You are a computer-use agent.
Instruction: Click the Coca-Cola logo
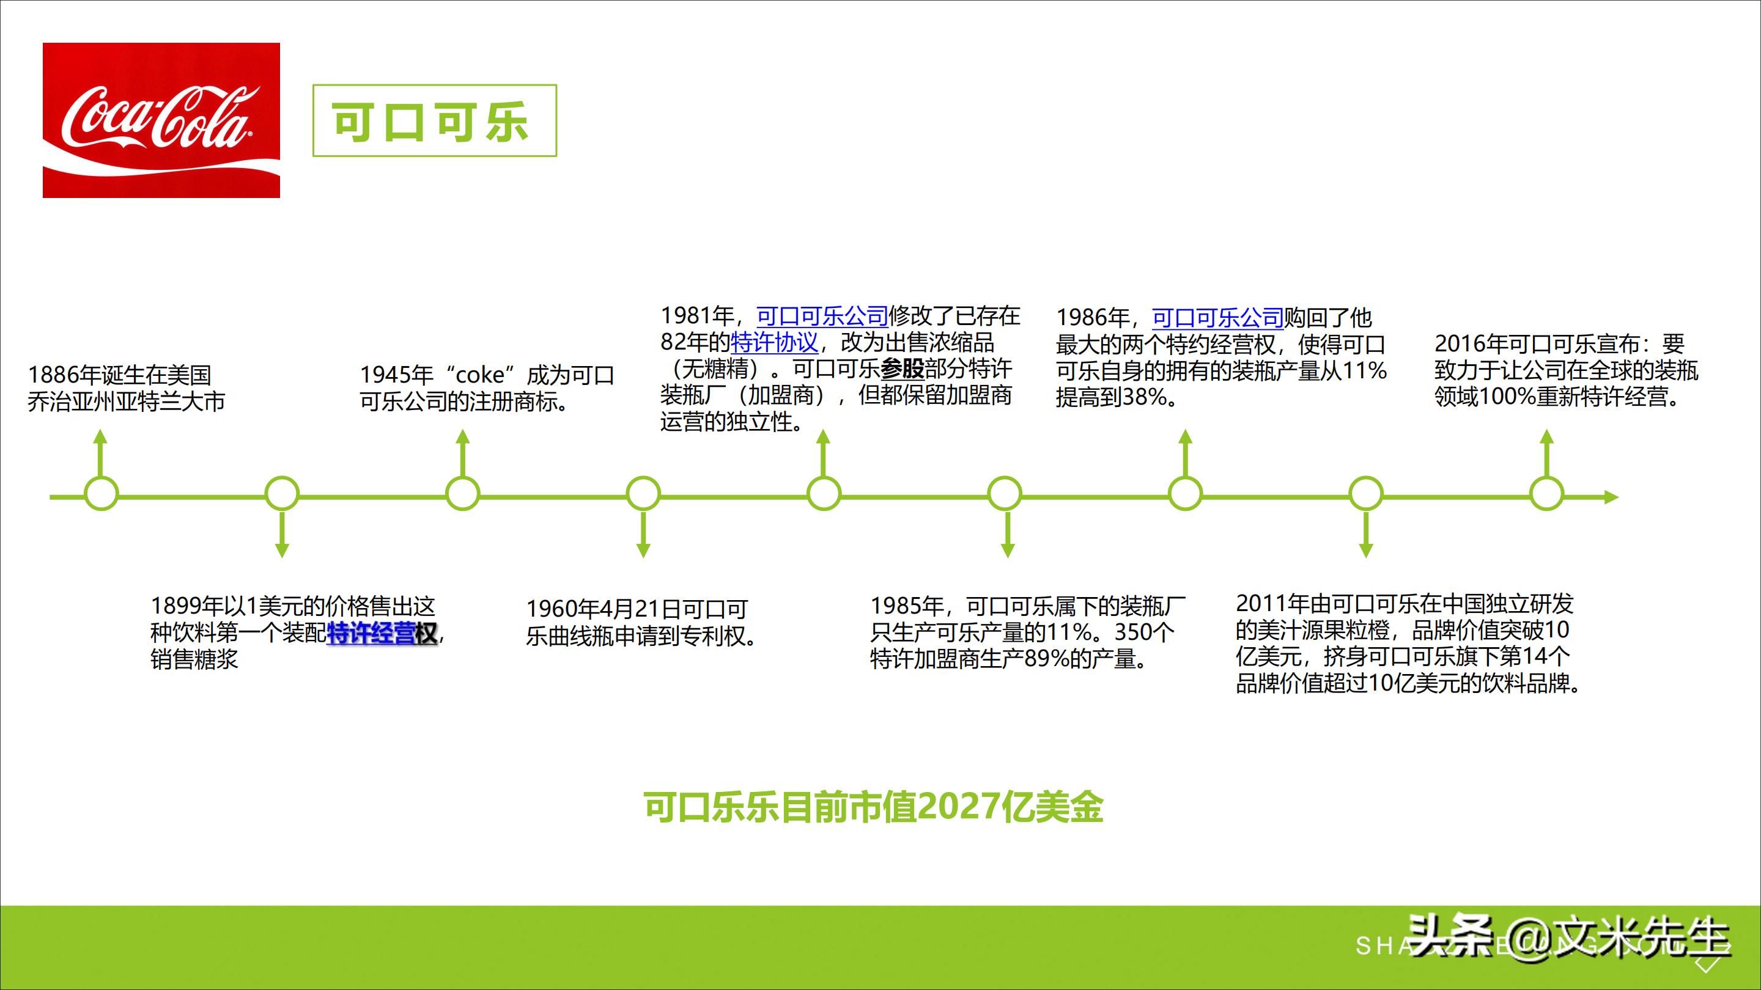pyautogui.click(x=161, y=120)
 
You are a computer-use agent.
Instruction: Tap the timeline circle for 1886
pyautogui.click(x=101, y=494)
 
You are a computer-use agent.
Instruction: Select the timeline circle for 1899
pyautogui.click(x=282, y=494)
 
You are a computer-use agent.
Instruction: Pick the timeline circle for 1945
pyautogui.click(x=463, y=494)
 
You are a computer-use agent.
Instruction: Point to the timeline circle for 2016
pyautogui.click(x=1546, y=494)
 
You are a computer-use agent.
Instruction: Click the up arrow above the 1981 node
pyautogui.click(x=824, y=451)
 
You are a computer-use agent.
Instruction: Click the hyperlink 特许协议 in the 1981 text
pyautogui.click(x=775, y=342)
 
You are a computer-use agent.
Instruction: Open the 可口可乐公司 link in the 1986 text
pyautogui.click(x=1217, y=318)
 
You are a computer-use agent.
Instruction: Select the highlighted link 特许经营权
pyautogui.click(x=382, y=633)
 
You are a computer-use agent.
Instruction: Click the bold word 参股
pyautogui.click(x=903, y=369)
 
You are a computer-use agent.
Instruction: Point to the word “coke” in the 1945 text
pyautogui.click(x=480, y=375)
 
